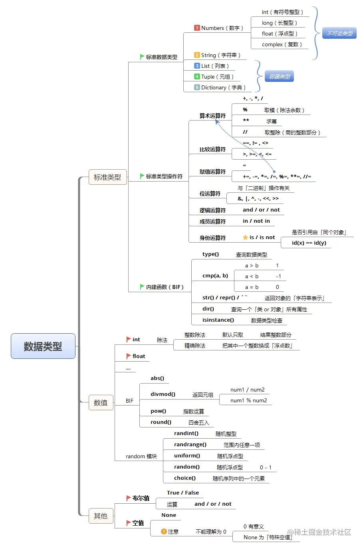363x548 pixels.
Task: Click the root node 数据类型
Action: pos(43,346)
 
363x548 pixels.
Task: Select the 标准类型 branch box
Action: pos(107,177)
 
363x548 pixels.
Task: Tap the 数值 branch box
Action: pos(101,403)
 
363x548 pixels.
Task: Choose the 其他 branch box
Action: pos(101,516)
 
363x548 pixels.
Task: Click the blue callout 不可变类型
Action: pos(339,34)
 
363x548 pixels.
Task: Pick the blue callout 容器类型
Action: pos(280,77)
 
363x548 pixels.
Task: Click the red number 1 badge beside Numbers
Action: pos(197,28)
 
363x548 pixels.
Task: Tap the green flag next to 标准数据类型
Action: pos(142,57)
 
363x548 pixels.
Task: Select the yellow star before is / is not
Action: pos(245,237)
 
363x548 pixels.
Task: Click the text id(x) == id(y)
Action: pos(309,243)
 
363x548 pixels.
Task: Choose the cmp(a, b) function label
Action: pos(215,275)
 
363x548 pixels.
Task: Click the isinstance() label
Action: pos(218,320)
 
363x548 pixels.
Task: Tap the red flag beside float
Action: pos(129,356)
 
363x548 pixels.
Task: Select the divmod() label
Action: pos(163,394)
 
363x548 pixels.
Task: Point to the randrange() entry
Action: pos(190,444)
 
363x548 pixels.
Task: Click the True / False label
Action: pos(182,493)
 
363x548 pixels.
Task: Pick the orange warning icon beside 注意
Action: pos(164,531)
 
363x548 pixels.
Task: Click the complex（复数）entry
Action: pos(282,44)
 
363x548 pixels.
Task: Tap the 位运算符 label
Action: pos(210,194)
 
